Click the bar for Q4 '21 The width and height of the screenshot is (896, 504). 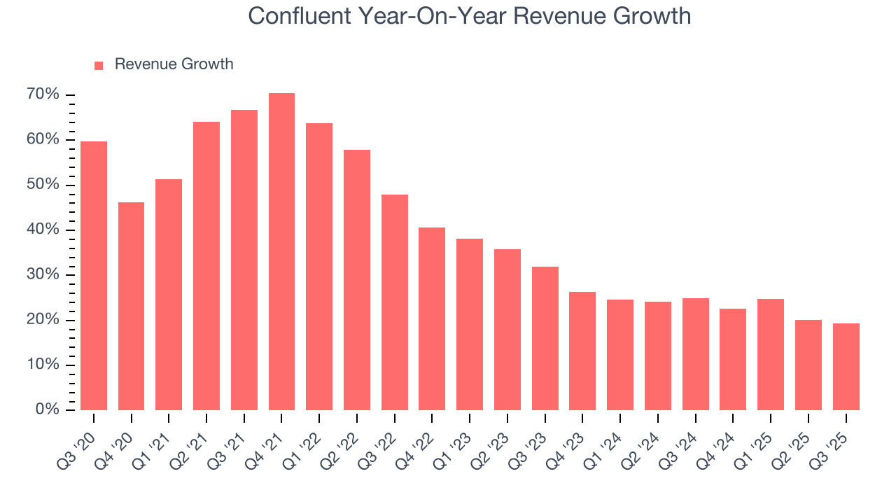[x=281, y=252]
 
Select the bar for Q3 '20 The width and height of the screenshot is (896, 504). [x=94, y=276]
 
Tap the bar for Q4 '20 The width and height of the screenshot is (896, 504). [x=131, y=306]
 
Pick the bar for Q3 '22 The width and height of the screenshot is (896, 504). [x=394, y=302]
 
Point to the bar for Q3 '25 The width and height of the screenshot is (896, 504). [x=846, y=367]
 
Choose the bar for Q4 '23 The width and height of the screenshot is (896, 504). [x=582, y=351]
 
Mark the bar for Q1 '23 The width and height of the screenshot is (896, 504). [x=470, y=324]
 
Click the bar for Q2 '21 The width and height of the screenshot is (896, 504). [x=206, y=266]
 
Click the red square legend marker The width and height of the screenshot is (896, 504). [x=99, y=65]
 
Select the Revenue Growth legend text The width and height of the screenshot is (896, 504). [x=174, y=64]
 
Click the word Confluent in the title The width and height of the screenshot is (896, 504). [x=299, y=16]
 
